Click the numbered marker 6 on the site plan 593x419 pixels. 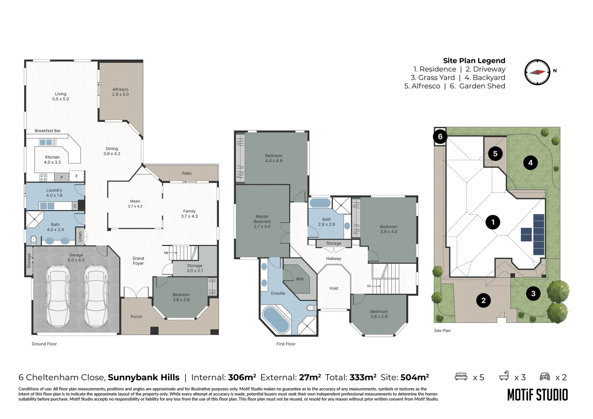440,137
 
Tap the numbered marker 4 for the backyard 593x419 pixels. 530,163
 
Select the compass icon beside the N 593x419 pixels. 538,72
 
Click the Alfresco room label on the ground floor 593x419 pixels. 120,92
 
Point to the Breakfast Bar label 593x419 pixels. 48,131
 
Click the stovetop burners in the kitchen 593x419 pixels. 43,178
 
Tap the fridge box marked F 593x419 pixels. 77,176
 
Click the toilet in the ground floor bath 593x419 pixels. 33,240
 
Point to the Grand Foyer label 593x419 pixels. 138,261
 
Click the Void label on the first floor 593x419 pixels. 334,288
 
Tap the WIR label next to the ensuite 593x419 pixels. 300,279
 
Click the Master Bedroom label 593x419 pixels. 262,222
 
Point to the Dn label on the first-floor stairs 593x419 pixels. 369,286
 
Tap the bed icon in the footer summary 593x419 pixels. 461,376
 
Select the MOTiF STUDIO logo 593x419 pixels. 538,395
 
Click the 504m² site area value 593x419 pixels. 414,377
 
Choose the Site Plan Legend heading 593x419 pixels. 474,61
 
